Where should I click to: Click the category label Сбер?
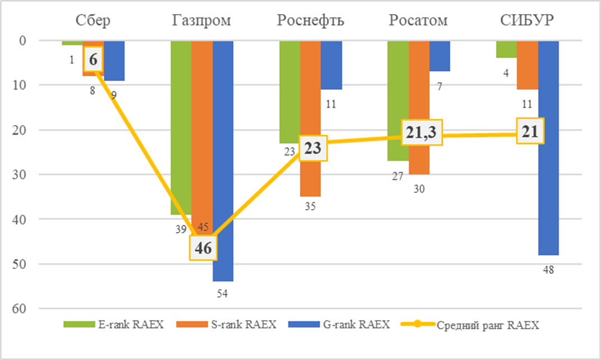(x=93, y=21)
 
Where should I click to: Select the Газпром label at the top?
(x=201, y=21)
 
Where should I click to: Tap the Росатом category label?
(x=419, y=21)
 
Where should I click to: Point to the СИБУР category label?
(x=527, y=21)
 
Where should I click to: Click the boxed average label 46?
(x=203, y=248)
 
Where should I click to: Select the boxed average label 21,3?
(x=419, y=132)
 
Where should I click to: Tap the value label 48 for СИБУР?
(x=549, y=270)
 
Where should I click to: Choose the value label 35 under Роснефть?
(x=310, y=206)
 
